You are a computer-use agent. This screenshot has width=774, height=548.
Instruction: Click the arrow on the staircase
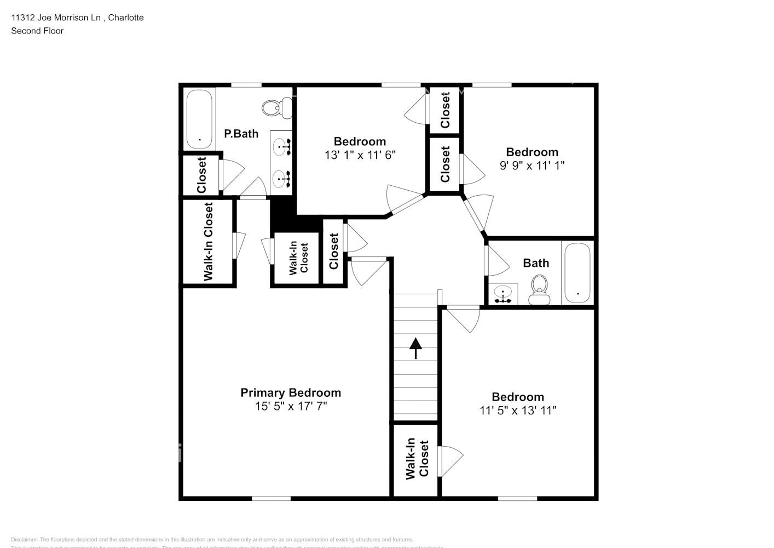(415, 348)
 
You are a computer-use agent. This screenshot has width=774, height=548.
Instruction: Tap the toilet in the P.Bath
(272, 107)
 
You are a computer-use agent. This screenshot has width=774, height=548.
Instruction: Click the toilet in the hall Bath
(539, 290)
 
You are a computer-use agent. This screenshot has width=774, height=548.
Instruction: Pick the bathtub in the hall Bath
(577, 273)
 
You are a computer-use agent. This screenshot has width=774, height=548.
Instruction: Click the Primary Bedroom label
(291, 393)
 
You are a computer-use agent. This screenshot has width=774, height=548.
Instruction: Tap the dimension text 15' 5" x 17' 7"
(291, 407)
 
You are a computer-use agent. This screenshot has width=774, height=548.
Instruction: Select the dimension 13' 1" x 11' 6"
(360, 155)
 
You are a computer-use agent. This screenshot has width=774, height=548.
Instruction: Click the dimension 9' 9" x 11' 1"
(532, 165)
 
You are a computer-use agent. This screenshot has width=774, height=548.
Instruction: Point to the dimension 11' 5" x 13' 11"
(518, 410)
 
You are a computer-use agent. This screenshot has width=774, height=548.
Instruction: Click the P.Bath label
(241, 134)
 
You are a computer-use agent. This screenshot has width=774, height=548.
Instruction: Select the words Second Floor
(37, 31)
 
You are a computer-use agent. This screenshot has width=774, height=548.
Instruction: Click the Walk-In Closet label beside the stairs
(417, 459)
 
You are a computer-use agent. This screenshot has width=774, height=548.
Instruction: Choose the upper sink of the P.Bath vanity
(283, 147)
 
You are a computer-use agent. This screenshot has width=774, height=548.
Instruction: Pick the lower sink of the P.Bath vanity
(283, 178)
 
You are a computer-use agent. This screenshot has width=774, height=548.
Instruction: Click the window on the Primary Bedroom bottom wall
(271, 498)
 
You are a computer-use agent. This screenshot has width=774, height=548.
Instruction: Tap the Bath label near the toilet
(536, 263)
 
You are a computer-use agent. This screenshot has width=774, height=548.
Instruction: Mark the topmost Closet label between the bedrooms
(445, 110)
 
